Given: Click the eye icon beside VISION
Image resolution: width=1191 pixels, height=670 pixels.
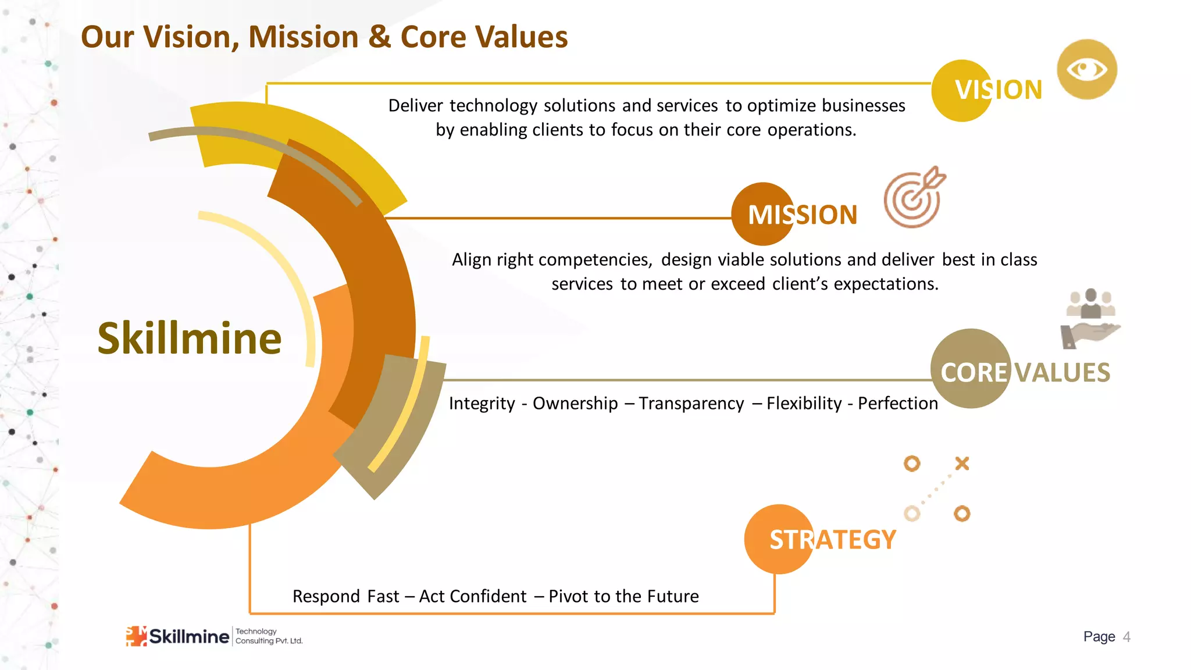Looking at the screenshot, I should pyautogui.click(x=1086, y=70).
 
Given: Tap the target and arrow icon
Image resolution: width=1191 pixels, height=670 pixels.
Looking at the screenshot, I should pyautogui.click(x=914, y=198).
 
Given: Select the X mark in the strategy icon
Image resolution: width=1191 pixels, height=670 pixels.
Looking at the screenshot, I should pyautogui.click(x=962, y=464).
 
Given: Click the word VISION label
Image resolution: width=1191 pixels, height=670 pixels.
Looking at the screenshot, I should pyautogui.click(x=998, y=90).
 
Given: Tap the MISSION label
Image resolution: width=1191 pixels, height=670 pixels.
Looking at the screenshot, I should pyautogui.click(x=802, y=215).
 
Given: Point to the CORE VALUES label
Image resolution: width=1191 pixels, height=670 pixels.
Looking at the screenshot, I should pyautogui.click(x=1025, y=372).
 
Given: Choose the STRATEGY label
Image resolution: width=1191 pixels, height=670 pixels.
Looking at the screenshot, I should pyautogui.click(x=832, y=540).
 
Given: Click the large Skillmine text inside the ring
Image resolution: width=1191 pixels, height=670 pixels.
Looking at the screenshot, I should pyautogui.click(x=189, y=338).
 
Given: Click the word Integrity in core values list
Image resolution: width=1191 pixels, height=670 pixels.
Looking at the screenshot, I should pyautogui.click(x=482, y=403).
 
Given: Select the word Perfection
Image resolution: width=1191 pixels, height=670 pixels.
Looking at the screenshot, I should pyautogui.click(x=897, y=403).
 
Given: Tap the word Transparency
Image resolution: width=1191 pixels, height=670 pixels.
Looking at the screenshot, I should pyautogui.click(x=691, y=403).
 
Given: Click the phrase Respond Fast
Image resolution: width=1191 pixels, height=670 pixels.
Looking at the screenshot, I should pyautogui.click(x=345, y=596).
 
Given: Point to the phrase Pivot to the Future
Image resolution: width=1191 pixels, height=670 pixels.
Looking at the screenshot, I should pyautogui.click(x=623, y=596).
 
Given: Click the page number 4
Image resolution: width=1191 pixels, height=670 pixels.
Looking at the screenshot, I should pyautogui.click(x=1126, y=637).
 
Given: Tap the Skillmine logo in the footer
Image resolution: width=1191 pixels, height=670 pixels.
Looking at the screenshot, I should pyautogui.click(x=177, y=636).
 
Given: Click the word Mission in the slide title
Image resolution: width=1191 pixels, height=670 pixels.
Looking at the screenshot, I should pyautogui.click(x=304, y=37).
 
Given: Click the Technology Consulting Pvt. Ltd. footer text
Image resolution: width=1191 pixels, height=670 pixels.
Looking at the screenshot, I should pyautogui.click(x=269, y=636).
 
